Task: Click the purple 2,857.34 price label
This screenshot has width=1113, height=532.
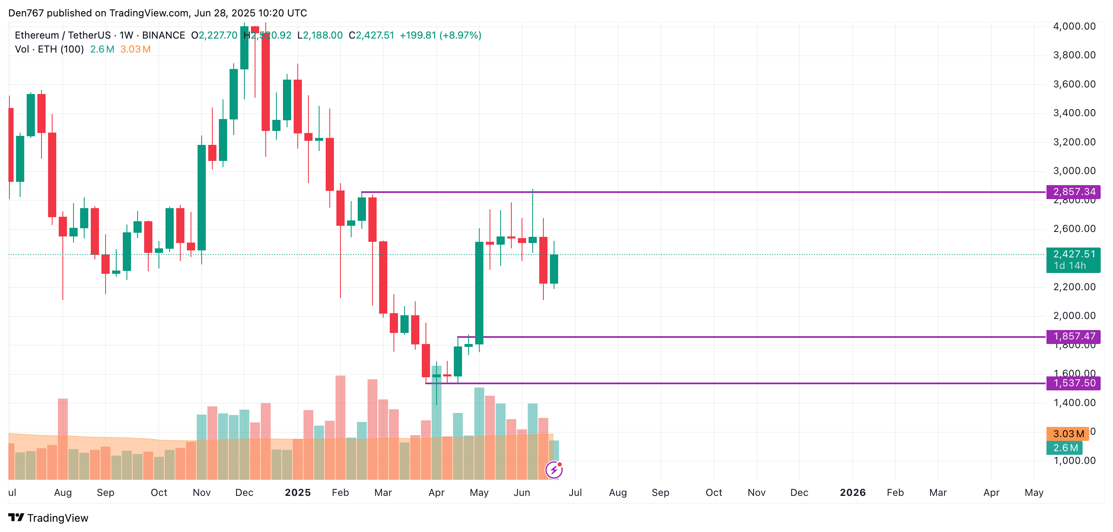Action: (1073, 192)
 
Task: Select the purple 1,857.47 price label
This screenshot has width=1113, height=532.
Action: (1073, 336)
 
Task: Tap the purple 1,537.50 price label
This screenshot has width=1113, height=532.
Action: (1073, 383)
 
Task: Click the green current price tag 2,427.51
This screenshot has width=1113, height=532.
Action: (1073, 255)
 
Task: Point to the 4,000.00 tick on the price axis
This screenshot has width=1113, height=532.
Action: (1074, 26)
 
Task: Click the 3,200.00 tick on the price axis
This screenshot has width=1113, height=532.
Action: (1074, 142)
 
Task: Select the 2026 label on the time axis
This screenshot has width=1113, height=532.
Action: (853, 493)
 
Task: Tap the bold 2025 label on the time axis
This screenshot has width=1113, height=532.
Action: (298, 493)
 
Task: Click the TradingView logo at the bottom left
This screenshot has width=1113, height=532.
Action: (48, 518)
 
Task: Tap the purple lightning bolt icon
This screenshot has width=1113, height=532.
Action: (554, 470)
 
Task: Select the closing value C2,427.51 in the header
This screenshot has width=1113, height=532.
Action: (372, 35)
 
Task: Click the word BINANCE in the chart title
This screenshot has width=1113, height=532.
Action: (163, 35)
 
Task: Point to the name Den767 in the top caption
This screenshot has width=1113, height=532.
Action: (26, 13)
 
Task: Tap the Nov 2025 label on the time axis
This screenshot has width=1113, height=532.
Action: (756, 493)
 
